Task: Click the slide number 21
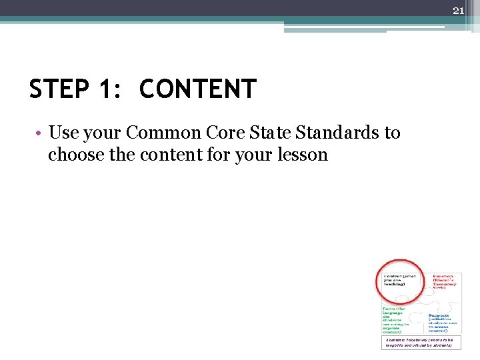[458, 10]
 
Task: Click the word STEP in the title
[61, 89]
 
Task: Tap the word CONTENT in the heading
[197, 89]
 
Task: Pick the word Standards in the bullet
[338, 133]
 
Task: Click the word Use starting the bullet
[63, 133]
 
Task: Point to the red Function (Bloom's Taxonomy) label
[445, 281]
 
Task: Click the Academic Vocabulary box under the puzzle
[420, 342]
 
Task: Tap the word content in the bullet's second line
[173, 155]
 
